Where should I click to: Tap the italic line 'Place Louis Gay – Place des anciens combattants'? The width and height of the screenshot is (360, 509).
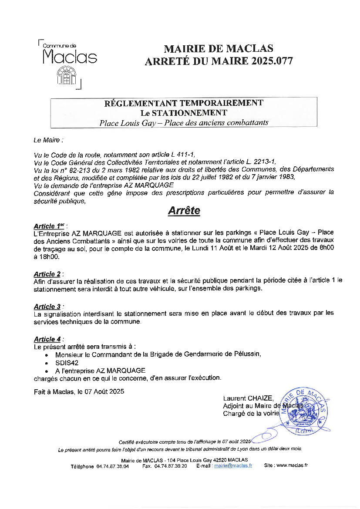pyautogui.click(x=184, y=123)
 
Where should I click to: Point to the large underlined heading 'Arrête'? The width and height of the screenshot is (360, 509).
pyautogui.click(x=184, y=211)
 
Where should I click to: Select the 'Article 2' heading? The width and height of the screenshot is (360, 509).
pyautogui.click(x=47, y=274)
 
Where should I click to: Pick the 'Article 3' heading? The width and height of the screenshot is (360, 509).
pyautogui.click(x=47, y=307)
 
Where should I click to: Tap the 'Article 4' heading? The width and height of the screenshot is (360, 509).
pyautogui.click(x=47, y=339)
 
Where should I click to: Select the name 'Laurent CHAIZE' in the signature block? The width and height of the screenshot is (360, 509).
pyautogui.click(x=248, y=398)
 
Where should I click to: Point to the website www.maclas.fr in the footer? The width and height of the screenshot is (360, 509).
pyautogui.click(x=292, y=465)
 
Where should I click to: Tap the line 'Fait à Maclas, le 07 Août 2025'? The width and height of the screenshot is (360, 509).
pyautogui.click(x=79, y=391)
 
